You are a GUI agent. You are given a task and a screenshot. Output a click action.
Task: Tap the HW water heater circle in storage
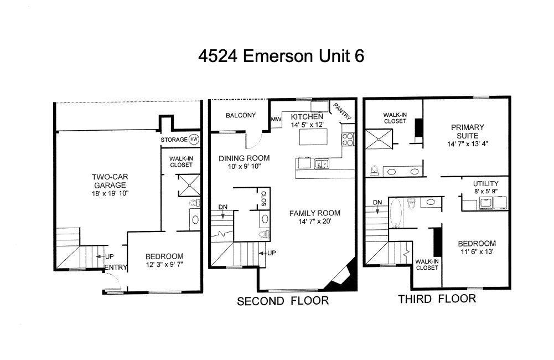[x=193, y=140]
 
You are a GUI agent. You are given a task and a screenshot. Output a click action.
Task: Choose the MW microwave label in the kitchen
[x=276, y=120]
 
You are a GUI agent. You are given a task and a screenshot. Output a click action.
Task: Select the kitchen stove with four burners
[x=348, y=138]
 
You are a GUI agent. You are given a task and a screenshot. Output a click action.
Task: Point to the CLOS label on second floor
[x=263, y=198]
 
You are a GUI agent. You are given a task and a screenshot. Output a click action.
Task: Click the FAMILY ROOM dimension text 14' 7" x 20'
[x=314, y=222]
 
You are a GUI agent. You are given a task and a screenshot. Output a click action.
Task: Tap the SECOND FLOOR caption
[x=283, y=301]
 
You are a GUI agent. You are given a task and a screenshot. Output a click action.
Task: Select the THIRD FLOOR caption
[x=437, y=299]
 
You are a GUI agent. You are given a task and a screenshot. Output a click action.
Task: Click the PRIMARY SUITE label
[x=467, y=131]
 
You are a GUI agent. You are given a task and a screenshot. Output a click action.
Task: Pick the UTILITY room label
[x=485, y=184]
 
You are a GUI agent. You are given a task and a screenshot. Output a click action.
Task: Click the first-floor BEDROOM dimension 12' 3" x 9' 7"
[x=164, y=265]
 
